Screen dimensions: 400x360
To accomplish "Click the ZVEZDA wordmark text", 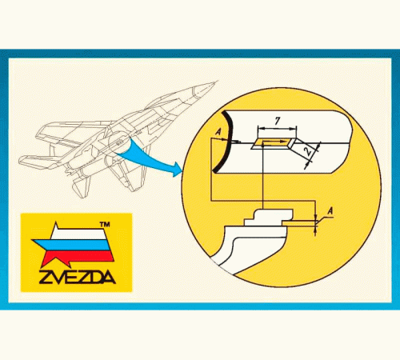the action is coord(77,278).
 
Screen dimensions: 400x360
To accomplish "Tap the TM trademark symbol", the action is coord(105,225).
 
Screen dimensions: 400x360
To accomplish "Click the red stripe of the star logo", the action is coord(78,257).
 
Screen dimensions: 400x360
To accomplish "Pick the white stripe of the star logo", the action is coord(78,234).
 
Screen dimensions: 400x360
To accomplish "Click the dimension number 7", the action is coord(278,121).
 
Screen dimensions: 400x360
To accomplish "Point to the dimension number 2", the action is coord(308,151).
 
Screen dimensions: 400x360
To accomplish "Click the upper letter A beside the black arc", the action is coord(218,131).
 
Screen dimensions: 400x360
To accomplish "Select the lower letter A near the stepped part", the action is coord(330,211).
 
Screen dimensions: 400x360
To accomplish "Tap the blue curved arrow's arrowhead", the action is coord(177,169).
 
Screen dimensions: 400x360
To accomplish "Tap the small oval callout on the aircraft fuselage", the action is coord(119,142).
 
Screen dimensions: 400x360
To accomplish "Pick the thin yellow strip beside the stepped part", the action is coord(298,223).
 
